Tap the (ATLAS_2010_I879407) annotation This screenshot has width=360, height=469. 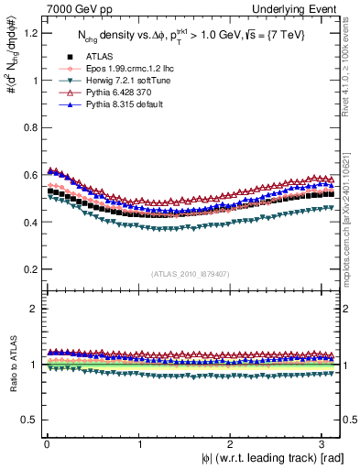[190, 272]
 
